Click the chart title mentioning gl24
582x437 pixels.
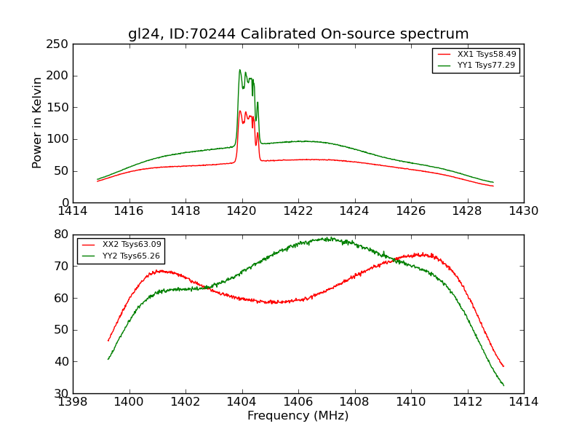pos(298,34)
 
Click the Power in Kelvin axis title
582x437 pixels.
pos(37,123)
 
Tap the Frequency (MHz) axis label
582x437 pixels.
pos(298,416)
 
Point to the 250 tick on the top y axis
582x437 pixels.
pos(60,44)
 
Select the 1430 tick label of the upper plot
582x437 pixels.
pos(523,211)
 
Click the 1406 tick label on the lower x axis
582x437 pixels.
pos(298,401)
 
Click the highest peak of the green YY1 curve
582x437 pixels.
pos(239,70)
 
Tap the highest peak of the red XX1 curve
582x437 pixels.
pos(239,111)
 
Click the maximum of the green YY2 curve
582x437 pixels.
pos(328,237)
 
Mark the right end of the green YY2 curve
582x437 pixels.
pos(503,385)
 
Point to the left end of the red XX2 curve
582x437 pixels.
pos(108,340)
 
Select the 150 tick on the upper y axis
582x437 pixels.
pos(60,108)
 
